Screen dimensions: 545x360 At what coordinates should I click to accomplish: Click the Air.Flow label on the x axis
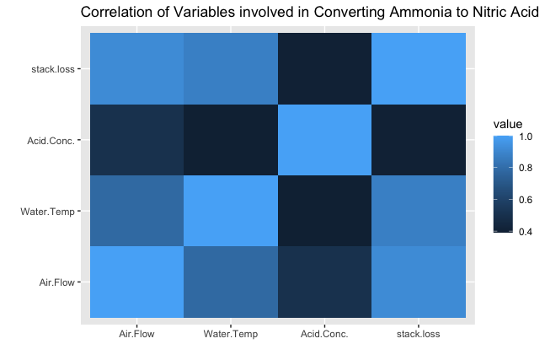[x=136, y=334]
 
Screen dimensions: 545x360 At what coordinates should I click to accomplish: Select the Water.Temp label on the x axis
[x=231, y=334]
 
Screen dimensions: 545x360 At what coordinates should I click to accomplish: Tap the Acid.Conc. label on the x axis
[x=324, y=334]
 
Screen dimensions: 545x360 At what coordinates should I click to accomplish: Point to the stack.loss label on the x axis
[x=418, y=334]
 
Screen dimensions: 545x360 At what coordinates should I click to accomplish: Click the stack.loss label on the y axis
[x=53, y=69]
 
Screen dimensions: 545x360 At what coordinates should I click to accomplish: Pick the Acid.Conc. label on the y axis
[x=51, y=141]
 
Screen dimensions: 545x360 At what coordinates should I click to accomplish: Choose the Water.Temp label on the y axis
[x=48, y=212]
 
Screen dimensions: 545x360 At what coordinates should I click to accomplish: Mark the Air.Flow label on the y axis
[x=57, y=282]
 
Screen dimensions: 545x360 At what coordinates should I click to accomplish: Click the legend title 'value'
[x=508, y=124]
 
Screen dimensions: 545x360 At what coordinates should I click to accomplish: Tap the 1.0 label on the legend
[x=526, y=137]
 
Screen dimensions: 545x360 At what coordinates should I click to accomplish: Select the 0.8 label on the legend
[x=526, y=168]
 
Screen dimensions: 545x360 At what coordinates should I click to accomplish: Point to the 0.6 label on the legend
[x=526, y=200]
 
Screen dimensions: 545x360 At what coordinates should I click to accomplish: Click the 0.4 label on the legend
[x=526, y=232]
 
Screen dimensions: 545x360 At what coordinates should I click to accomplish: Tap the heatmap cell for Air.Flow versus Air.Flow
[x=137, y=282]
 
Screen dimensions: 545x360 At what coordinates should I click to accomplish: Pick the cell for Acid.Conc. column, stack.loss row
[x=324, y=68]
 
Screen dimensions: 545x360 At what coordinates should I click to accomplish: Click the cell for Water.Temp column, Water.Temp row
[x=231, y=211]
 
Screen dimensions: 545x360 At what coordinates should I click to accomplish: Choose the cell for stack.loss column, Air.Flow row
[x=419, y=282]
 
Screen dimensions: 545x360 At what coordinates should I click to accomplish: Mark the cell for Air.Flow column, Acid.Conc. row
[x=137, y=140]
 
